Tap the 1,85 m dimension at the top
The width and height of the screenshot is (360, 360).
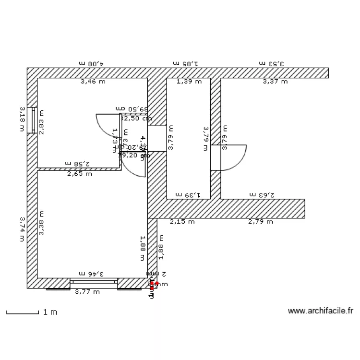(185, 63)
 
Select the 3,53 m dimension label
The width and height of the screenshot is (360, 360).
(272, 63)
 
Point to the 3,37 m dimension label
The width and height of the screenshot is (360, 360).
(275, 82)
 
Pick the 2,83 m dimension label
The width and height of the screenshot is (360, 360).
(41, 122)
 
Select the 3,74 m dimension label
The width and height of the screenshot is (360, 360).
(22, 229)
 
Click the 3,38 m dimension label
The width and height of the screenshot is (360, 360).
(41, 223)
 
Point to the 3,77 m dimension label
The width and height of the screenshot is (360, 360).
(87, 291)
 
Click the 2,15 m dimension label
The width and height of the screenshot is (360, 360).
(182, 222)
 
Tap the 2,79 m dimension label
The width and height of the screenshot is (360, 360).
(260, 222)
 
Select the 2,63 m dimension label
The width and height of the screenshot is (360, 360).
(262, 195)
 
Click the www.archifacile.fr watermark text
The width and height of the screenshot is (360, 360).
(320, 311)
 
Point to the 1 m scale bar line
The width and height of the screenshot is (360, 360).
(22, 313)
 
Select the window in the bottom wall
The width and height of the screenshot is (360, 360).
(94, 282)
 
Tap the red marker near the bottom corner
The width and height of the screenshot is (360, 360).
(156, 284)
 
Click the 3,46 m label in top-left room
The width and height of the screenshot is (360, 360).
(93, 82)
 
